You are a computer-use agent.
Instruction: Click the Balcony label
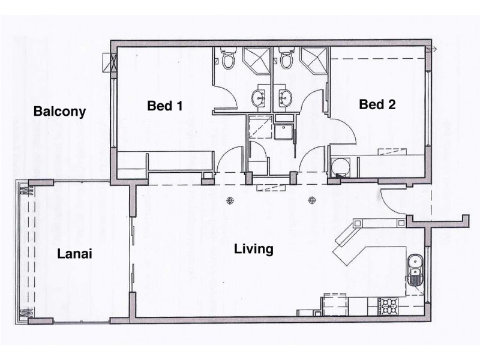[60, 111]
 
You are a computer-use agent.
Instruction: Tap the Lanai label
[74, 253]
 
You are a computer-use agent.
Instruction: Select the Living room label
[254, 248]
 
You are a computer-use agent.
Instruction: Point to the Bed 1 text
[164, 106]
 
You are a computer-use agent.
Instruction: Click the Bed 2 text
[377, 105]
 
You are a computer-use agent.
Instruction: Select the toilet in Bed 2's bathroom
[286, 59]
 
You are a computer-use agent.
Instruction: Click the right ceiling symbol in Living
[311, 200]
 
